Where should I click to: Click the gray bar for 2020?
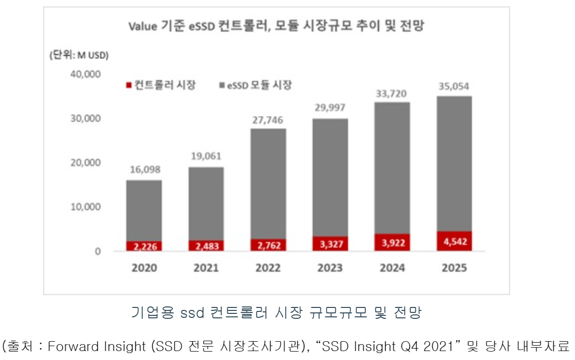click(144, 211)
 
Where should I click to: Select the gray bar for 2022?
click(268, 183)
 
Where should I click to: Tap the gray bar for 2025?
click(454, 164)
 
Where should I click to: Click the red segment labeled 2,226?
click(144, 246)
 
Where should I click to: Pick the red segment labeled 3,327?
click(330, 244)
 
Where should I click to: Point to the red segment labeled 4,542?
click(454, 241)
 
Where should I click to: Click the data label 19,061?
click(206, 157)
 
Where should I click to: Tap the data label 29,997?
click(330, 108)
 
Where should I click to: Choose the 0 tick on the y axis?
click(97, 251)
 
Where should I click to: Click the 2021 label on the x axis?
click(206, 268)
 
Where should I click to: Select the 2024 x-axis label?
click(392, 268)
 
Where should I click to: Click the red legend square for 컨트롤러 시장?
click(129, 85)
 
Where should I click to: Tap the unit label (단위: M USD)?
click(79, 55)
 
